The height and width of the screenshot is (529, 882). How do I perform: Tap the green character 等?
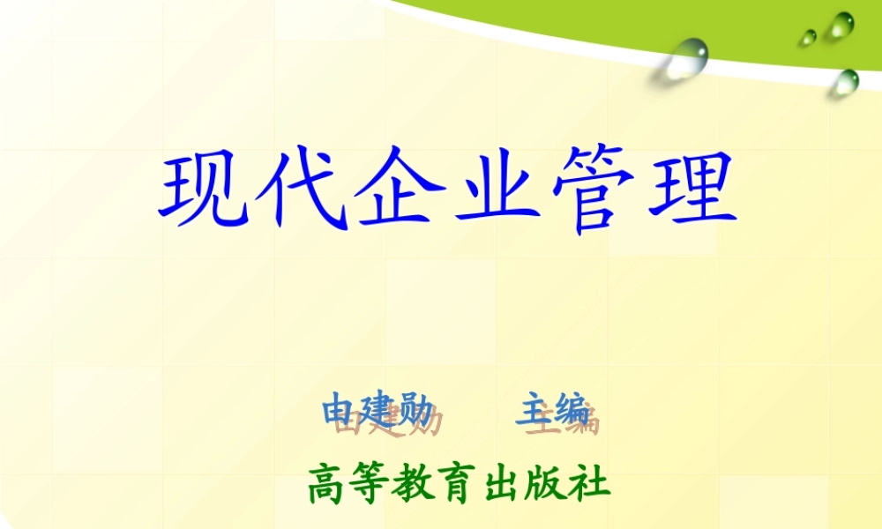[371, 485]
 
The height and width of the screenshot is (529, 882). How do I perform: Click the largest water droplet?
[689, 56]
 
